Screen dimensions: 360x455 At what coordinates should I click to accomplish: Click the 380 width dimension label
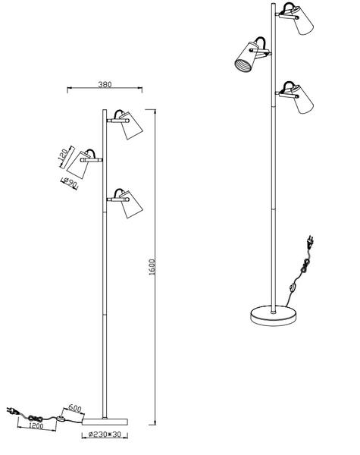click(x=105, y=84)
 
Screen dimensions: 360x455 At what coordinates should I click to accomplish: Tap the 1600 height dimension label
click(x=152, y=267)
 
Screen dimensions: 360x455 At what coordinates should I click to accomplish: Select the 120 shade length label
click(x=63, y=155)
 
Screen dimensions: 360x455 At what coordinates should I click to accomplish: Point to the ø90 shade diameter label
click(x=70, y=183)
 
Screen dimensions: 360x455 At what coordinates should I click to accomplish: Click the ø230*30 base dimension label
click(x=105, y=435)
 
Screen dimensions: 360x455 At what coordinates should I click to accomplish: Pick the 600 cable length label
click(x=74, y=409)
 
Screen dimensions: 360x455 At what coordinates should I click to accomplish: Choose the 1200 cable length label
click(x=36, y=426)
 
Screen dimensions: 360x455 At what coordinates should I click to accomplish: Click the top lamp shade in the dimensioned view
click(x=131, y=125)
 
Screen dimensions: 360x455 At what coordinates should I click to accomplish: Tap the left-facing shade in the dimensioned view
click(x=78, y=165)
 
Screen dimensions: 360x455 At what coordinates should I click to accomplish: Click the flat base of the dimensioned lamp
click(x=105, y=422)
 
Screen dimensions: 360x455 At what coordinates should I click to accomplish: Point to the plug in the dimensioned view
click(x=11, y=410)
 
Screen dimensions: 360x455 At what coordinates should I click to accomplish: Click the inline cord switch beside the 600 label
click(x=61, y=419)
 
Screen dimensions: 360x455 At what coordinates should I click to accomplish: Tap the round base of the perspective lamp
click(x=274, y=315)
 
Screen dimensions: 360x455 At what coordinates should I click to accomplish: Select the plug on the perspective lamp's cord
click(x=310, y=243)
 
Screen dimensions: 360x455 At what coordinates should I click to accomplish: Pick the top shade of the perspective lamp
click(x=304, y=20)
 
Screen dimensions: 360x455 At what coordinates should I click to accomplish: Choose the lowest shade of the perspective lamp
click(x=304, y=99)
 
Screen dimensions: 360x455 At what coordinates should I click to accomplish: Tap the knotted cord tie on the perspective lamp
click(x=305, y=266)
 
